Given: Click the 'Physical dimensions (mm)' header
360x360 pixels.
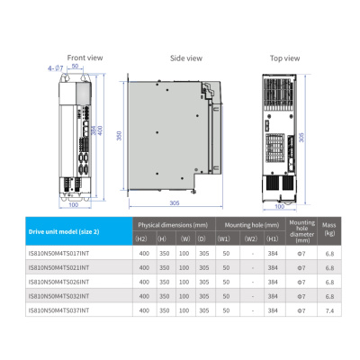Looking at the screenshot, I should [x=171, y=224].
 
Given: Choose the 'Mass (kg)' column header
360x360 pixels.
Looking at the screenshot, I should [x=329, y=230].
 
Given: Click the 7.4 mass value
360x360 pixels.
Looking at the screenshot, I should [x=329, y=310].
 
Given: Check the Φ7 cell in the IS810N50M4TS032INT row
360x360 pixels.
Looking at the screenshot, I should [x=302, y=296].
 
